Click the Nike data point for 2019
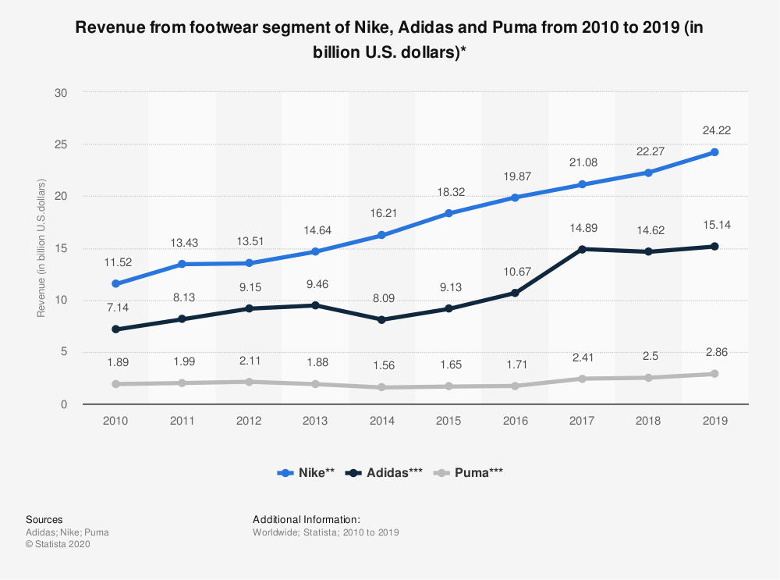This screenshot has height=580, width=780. pos(714,152)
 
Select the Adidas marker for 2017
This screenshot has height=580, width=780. pos(581,249)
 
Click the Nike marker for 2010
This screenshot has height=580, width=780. pos(115,283)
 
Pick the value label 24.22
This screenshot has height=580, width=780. pos(714,130)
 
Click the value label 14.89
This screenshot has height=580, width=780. pos(581,227)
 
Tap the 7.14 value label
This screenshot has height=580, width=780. pos(115,308)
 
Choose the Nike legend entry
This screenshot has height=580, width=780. pos(306,472)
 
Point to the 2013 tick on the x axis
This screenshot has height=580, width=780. pos(315,421)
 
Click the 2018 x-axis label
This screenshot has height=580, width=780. pos(648,421)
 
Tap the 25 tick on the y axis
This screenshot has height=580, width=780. pos(62,144)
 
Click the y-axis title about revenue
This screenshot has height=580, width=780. pos(41,248)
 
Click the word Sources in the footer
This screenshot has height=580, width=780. pos(44,519)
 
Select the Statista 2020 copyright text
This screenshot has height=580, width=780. pos(58,545)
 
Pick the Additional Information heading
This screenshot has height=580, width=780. pos(307,519)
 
